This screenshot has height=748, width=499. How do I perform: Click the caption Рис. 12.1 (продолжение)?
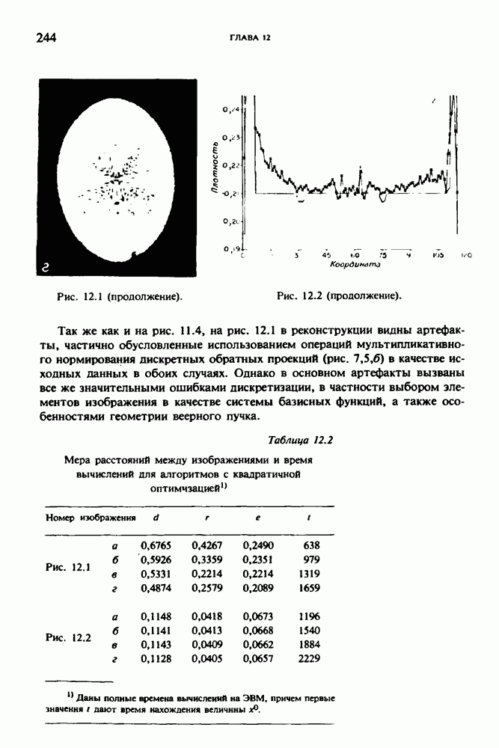click(120, 297)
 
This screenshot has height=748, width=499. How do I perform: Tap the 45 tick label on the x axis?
click(326, 255)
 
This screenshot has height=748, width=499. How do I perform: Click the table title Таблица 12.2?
click(300, 440)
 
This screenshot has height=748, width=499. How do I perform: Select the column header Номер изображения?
click(91, 518)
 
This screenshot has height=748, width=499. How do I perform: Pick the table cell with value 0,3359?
click(206, 560)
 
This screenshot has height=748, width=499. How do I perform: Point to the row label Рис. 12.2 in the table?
click(68, 638)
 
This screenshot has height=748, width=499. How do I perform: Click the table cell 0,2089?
click(258, 588)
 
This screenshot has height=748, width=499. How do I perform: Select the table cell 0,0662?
click(258, 645)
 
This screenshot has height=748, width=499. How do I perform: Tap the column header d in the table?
click(155, 518)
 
